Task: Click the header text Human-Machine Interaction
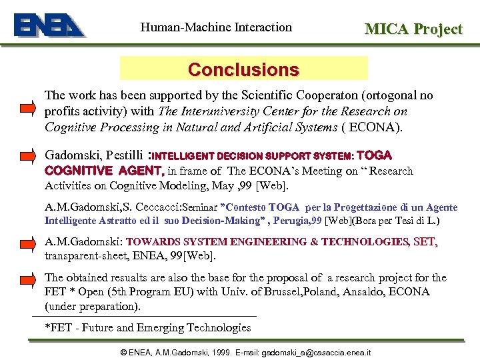(216, 27)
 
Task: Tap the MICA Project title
(413, 29)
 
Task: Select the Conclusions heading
(243, 69)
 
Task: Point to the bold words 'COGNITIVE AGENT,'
(105, 171)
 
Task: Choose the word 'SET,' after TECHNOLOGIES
(425, 243)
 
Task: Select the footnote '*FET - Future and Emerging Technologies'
(147, 327)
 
